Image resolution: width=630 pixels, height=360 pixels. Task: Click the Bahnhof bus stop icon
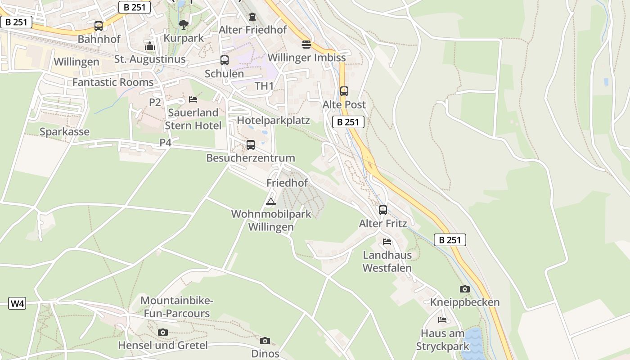point(99,26)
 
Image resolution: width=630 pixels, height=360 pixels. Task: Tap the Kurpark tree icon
point(183,24)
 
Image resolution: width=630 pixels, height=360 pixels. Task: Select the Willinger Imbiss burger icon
point(306,45)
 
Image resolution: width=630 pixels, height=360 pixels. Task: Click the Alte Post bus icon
point(344,91)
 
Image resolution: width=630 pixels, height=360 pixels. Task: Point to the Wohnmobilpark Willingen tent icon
point(270,201)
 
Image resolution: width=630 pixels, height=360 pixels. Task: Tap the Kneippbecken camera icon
point(465,289)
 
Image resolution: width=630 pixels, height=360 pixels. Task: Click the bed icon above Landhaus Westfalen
point(387,242)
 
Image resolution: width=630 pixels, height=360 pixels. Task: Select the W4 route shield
point(18,303)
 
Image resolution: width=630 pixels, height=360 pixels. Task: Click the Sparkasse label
point(64,132)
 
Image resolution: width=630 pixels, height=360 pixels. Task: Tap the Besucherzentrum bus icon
point(251,145)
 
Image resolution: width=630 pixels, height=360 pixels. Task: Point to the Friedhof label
point(287,183)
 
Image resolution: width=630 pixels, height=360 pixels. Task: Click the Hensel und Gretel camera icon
point(163,332)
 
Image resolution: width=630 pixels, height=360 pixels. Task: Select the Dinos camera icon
point(265,341)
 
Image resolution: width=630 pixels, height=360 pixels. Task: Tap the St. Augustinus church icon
point(150,46)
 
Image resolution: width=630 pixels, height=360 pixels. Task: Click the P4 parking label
point(166,142)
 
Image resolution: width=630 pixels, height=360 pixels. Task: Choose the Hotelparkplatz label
point(274,121)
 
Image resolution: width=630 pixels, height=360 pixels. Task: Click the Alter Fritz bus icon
point(383,210)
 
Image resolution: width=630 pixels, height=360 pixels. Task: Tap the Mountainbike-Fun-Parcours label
point(177,307)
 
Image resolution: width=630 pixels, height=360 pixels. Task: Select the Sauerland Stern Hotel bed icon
point(193,99)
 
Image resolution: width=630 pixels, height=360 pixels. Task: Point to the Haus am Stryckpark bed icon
point(443,320)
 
